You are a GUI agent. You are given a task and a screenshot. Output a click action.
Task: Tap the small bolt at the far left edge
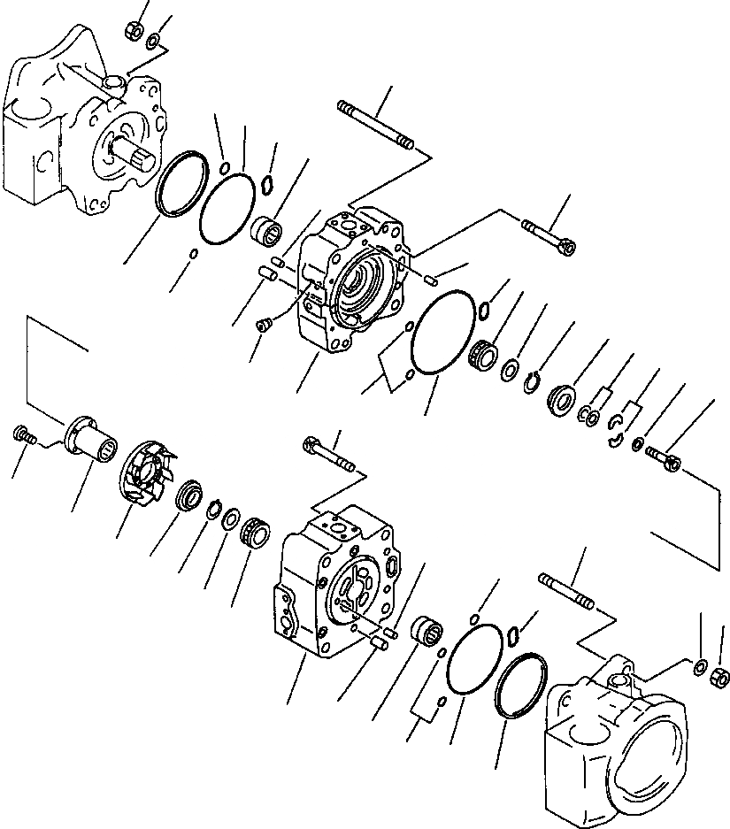point(23,434)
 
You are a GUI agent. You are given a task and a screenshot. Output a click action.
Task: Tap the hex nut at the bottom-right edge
point(720,678)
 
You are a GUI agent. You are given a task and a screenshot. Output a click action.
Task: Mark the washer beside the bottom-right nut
point(701,665)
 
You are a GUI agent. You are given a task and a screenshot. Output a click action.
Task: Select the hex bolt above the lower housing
point(328,453)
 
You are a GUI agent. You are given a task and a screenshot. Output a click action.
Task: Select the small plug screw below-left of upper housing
point(262,326)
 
